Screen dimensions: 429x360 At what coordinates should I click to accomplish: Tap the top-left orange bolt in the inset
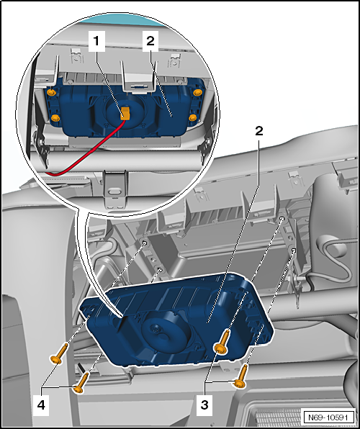tap(52, 94)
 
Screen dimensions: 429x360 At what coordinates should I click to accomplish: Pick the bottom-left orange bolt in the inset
tap(55, 118)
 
